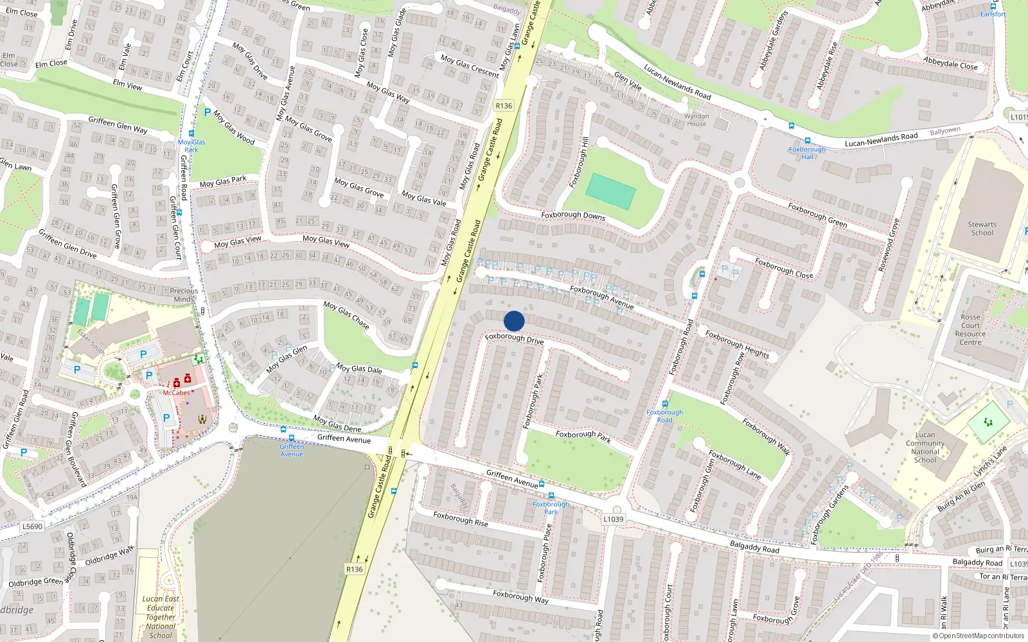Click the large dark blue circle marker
coord(514,321)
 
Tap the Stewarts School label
coord(982,229)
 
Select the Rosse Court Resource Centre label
coord(970,329)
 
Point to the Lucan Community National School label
coord(925,447)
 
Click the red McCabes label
coord(176,392)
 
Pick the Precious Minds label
coord(184,295)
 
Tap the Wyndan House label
coord(696,120)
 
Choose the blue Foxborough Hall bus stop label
coord(807,153)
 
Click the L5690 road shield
coord(32,526)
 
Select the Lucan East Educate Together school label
coord(161,617)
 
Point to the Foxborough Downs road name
coord(573,215)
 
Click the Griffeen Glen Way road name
coord(118,125)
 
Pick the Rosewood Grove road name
coord(889,245)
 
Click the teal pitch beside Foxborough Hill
coord(610,191)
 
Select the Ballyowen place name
coord(945,131)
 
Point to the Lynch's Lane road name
coord(990,461)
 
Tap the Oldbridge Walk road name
coord(109,555)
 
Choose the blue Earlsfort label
coord(993,14)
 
